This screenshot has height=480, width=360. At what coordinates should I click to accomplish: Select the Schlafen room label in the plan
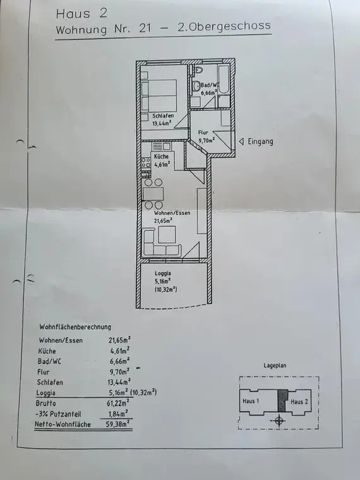(163, 116)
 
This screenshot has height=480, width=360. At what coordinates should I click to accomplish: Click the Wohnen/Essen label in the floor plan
(164, 213)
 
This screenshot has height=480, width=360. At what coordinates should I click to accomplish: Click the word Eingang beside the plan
(260, 141)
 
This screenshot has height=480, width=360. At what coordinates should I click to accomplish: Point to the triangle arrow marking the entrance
(242, 141)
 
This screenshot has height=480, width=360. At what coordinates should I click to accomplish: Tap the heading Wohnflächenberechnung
(75, 327)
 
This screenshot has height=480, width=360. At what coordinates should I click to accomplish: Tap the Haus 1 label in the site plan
(253, 401)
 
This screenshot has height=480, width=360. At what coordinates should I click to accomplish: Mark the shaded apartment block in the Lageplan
(283, 400)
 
